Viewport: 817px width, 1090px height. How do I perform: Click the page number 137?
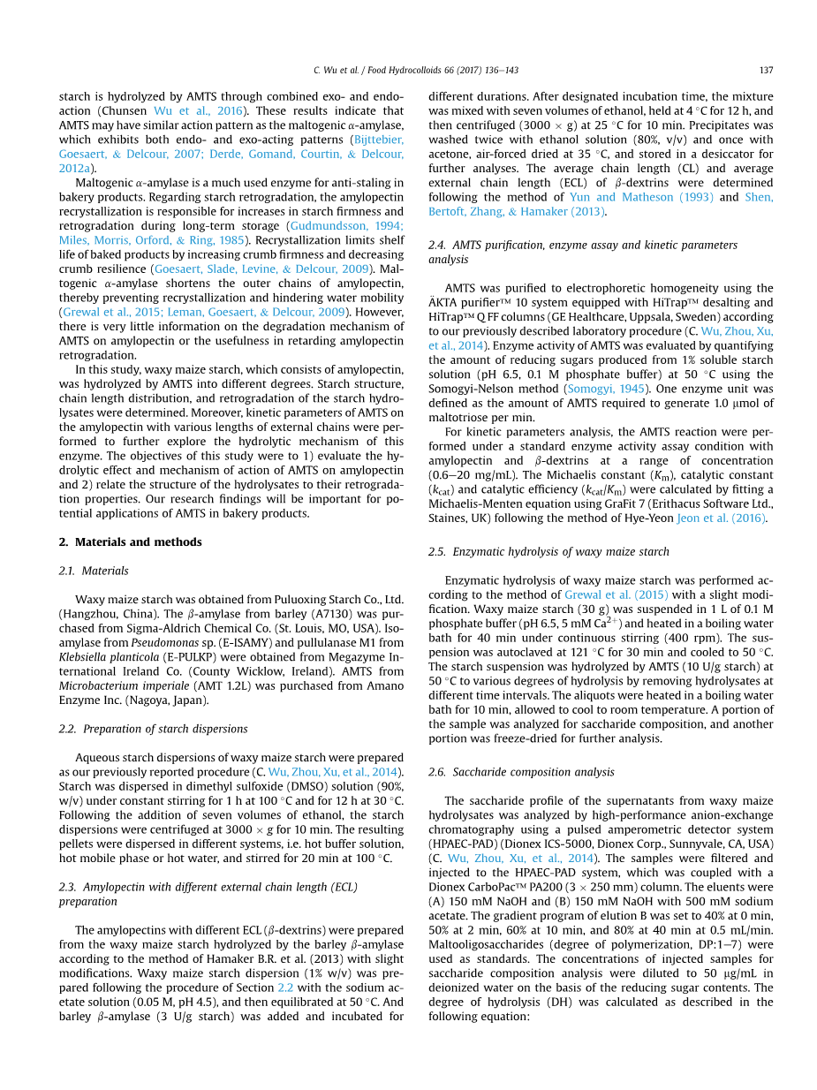pyautogui.click(x=766, y=70)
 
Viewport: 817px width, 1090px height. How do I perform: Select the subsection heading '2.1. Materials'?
pyautogui.click(x=94, y=571)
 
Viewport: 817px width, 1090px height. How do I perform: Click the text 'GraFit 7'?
pyautogui.click(x=627, y=504)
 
